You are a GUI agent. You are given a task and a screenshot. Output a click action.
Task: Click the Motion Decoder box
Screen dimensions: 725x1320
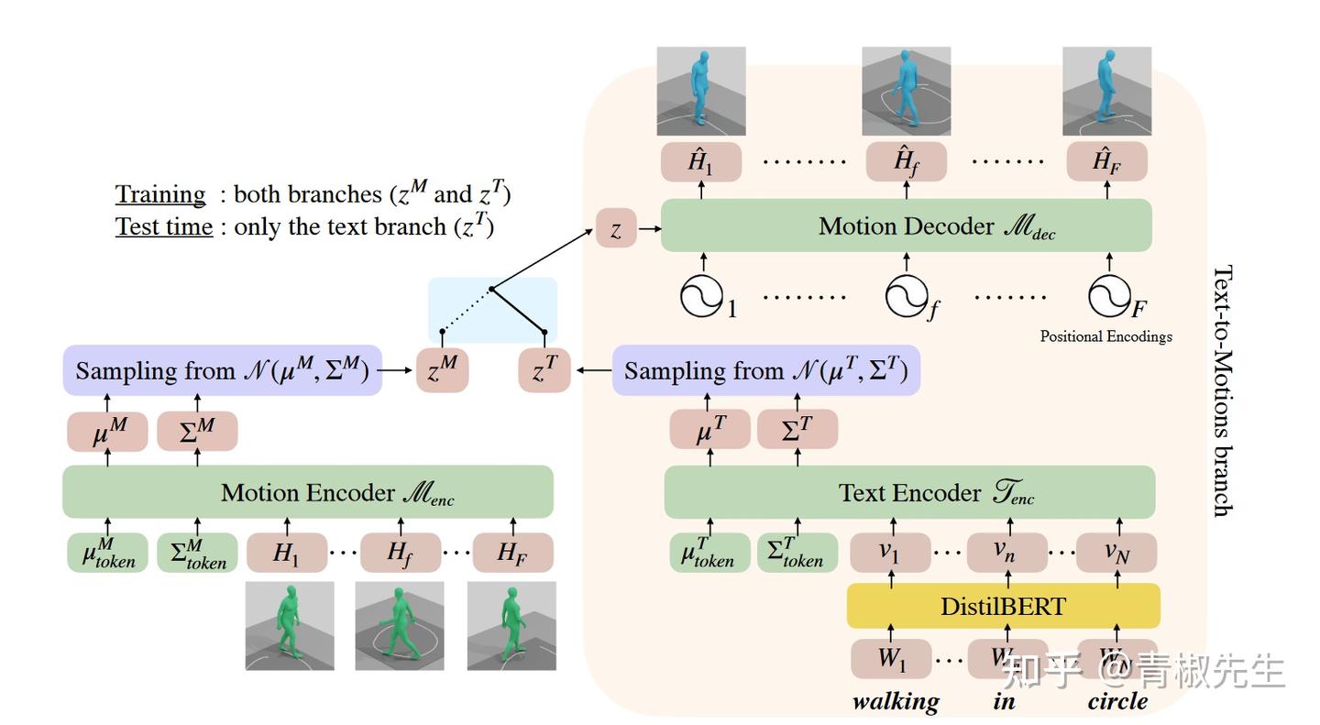click(x=906, y=225)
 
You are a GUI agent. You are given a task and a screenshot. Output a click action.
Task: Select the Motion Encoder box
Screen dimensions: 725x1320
click(x=308, y=492)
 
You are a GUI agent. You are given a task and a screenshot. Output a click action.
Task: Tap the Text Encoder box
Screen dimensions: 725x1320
click(x=909, y=492)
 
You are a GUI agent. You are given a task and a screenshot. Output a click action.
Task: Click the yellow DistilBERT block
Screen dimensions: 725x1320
click(x=1003, y=606)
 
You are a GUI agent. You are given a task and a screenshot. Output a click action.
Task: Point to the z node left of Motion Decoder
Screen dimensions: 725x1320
click(x=616, y=229)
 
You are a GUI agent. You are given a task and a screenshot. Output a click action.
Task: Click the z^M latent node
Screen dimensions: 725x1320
click(x=443, y=371)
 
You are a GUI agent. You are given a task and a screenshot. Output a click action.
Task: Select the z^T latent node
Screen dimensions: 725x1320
click(x=544, y=371)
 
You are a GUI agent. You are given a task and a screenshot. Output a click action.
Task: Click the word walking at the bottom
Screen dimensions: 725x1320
click(x=896, y=701)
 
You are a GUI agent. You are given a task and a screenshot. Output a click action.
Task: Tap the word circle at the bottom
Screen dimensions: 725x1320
click(x=1117, y=701)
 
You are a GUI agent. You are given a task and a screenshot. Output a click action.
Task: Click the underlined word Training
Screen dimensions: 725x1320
click(x=160, y=194)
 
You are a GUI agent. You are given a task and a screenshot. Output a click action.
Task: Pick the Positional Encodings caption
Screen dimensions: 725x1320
click(x=1105, y=336)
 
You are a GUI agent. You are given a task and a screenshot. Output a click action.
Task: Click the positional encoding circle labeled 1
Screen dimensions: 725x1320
click(x=701, y=296)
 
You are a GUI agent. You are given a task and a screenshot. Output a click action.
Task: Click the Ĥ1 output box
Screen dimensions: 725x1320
click(x=700, y=162)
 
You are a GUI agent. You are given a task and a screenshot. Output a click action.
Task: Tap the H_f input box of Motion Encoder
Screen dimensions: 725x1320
click(x=400, y=553)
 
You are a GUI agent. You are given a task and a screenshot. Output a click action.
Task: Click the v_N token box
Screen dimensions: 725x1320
click(x=1116, y=553)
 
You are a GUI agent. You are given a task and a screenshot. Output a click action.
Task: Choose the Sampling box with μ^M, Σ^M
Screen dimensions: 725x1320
click(x=222, y=371)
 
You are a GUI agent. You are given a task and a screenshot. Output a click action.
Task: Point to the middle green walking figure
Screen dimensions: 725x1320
click(x=400, y=625)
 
